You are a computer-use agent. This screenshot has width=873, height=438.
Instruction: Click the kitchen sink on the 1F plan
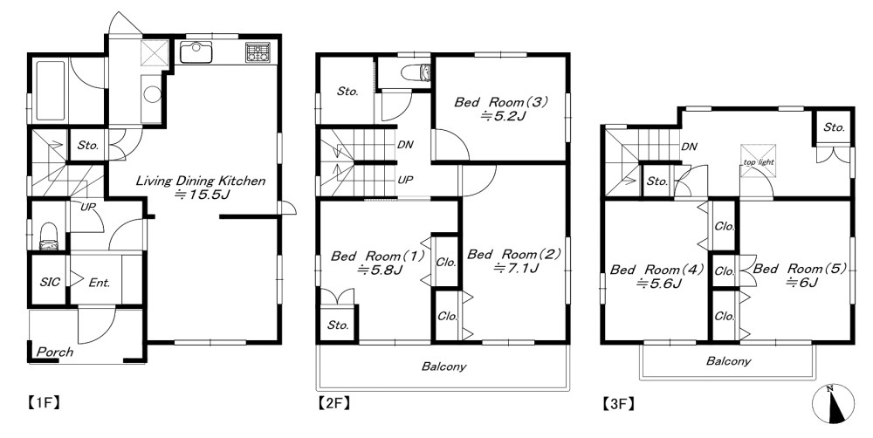196,52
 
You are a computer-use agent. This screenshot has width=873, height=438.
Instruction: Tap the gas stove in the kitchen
258,51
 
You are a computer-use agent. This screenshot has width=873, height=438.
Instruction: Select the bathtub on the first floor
51,90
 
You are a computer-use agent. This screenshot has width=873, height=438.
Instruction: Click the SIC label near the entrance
50,282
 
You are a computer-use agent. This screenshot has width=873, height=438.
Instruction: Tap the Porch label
54,352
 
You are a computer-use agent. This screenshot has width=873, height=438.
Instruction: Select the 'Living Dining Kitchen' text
201,181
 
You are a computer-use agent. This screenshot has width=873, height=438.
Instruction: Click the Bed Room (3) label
502,102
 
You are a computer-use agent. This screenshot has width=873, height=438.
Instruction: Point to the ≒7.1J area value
516,268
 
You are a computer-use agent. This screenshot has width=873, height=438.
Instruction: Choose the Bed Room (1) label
377,256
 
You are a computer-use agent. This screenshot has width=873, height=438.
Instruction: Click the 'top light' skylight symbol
758,161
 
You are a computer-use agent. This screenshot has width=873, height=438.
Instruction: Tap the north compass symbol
833,403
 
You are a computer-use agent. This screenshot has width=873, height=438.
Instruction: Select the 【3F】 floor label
618,403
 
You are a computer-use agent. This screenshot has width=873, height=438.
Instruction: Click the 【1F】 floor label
43,402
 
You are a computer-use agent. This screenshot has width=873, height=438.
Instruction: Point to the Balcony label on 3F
728,361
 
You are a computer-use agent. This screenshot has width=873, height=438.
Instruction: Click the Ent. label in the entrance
100,282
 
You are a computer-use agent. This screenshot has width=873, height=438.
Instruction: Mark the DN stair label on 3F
690,147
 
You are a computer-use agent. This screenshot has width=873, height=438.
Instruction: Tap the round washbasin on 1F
152,93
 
